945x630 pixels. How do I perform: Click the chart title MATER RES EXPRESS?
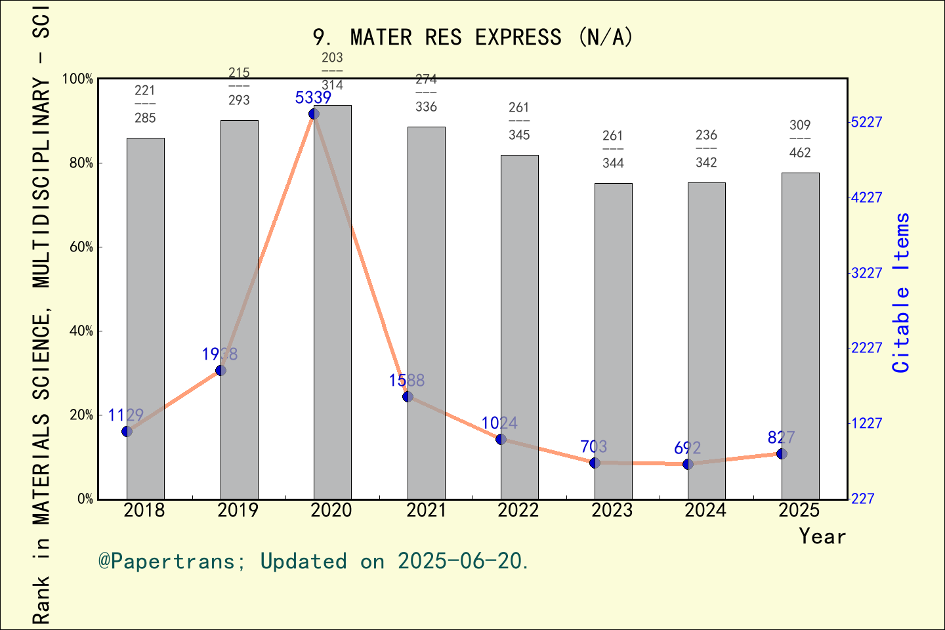tap(472, 37)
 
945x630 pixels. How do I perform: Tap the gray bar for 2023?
tap(613, 341)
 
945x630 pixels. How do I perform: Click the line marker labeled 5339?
tap(314, 114)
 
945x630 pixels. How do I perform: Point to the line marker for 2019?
tap(220, 371)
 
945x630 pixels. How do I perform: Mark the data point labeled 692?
tap(688, 464)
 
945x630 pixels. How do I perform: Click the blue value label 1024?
tap(499, 423)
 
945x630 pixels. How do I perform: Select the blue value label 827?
tap(781, 438)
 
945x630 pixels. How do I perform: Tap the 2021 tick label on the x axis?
tap(426, 511)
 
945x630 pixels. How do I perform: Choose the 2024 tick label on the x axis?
tap(705, 511)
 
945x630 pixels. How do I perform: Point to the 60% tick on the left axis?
tap(81, 247)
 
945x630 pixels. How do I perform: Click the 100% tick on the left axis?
tap(78, 79)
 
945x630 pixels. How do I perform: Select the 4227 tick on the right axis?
tap(866, 198)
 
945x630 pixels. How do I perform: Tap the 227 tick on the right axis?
tap(863, 499)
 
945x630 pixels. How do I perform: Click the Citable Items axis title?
tap(902, 293)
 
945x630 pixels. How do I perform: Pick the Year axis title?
tap(822, 536)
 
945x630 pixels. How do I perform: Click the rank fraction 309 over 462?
tap(800, 138)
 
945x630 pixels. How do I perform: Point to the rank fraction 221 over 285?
tap(145, 104)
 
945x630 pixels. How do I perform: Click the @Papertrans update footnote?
tap(314, 561)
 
